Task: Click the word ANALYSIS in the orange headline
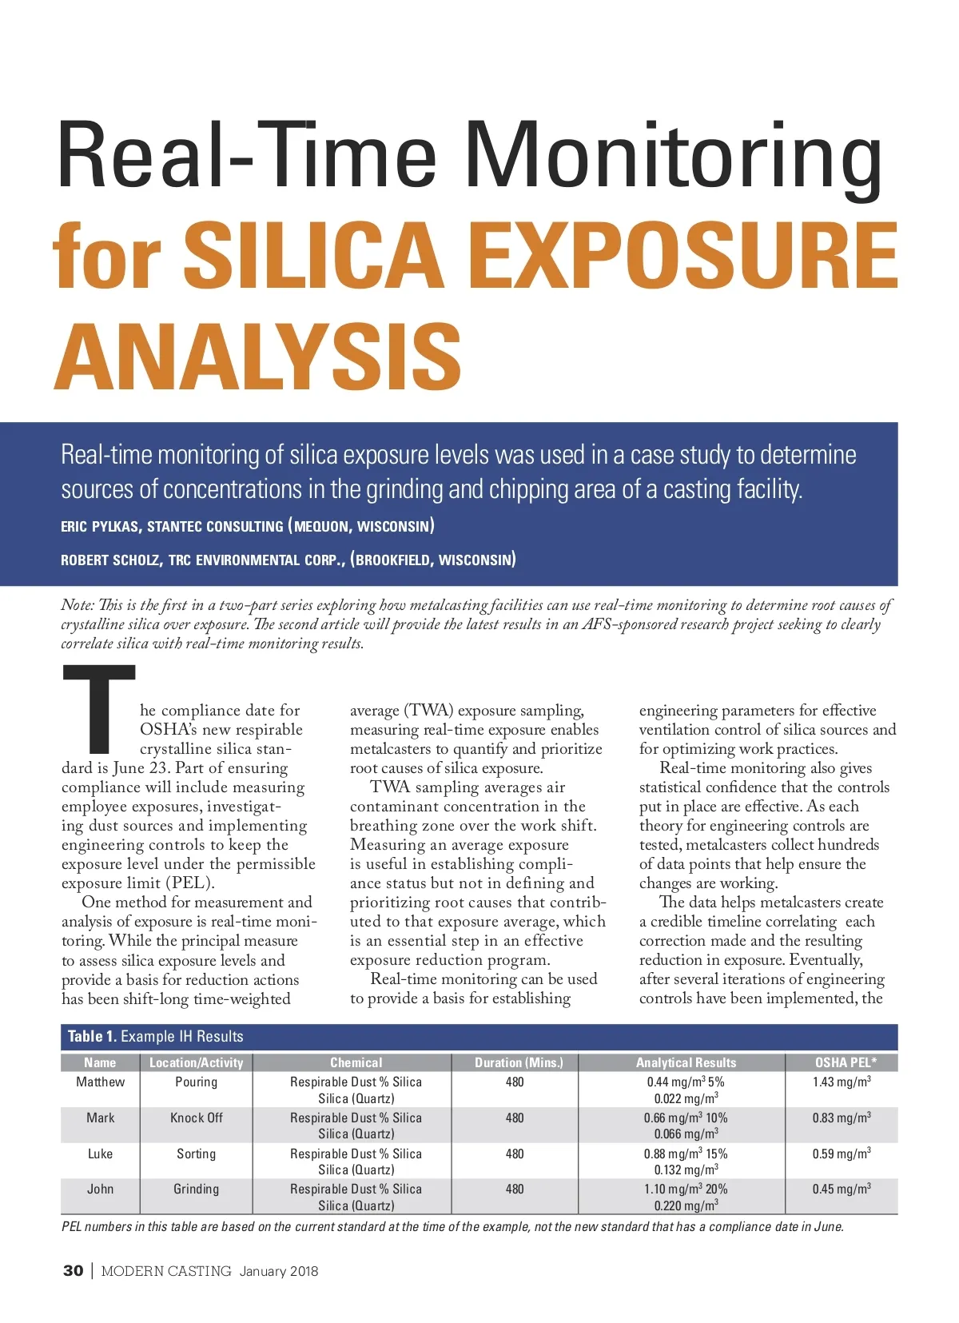(x=257, y=357)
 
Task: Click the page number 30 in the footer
(x=73, y=1270)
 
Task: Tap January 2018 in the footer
(x=278, y=1271)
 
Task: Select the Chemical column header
(x=356, y=1062)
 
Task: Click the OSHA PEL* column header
(x=845, y=1062)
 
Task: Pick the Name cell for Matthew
(x=100, y=1082)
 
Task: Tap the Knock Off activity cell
(x=196, y=1118)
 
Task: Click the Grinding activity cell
(x=196, y=1189)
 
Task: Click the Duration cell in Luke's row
(x=515, y=1154)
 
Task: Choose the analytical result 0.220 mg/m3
(x=686, y=1205)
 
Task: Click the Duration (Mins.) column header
(x=519, y=1062)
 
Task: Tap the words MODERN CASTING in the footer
(x=166, y=1271)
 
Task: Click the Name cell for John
(x=100, y=1189)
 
